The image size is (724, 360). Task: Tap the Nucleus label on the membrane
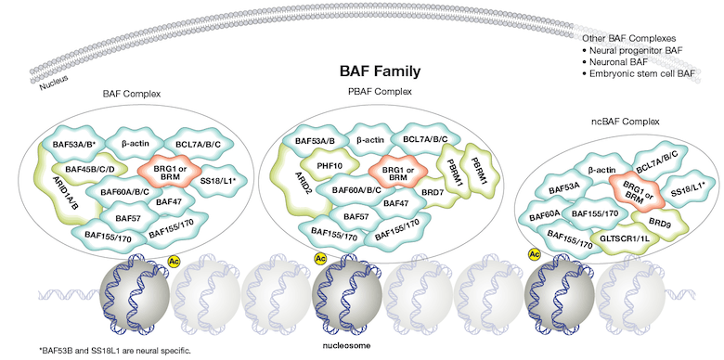54,87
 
